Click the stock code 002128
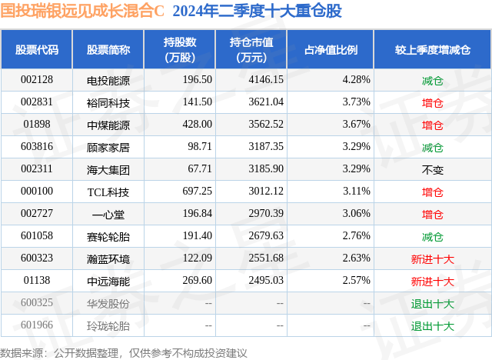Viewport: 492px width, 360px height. [x=37, y=80]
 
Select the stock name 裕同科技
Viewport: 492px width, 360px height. [x=108, y=102]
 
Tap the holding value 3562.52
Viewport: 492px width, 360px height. [x=266, y=125]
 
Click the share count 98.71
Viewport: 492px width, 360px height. [x=200, y=147]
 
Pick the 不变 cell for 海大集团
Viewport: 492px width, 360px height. [x=432, y=170]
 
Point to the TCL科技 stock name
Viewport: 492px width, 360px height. [x=108, y=192]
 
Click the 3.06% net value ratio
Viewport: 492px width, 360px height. [x=356, y=213]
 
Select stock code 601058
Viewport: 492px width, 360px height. [x=37, y=235]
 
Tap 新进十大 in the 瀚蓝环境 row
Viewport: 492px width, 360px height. [x=432, y=259]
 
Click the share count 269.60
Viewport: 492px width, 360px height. [x=197, y=280]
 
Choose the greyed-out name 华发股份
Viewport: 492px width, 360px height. [x=108, y=304]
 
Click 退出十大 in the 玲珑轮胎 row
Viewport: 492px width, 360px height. [x=432, y=326]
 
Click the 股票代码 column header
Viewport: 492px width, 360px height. [x=37, y=49]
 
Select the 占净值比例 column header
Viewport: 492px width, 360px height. [x=331, y=49]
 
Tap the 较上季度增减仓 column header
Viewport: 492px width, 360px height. [x=432, y=49]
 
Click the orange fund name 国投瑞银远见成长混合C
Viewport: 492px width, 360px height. [x=82, y=11]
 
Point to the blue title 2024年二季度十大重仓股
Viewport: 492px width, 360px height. [x=257, y=11]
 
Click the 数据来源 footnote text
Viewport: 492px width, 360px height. [x=123, y=353]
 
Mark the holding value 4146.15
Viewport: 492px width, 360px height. [x=266, y=80]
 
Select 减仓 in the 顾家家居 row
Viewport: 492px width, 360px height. [x=432, y=148]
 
